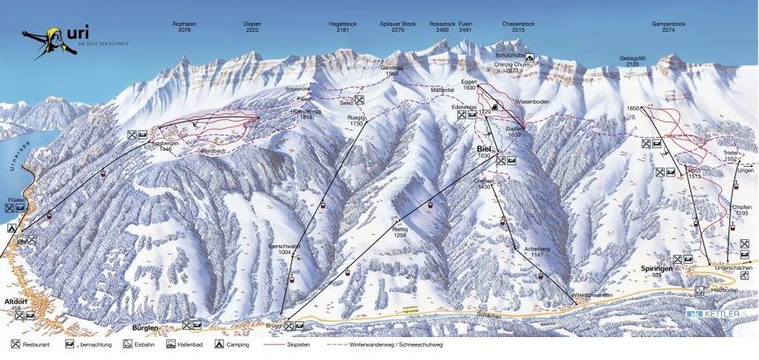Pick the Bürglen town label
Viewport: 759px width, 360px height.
[x=143, y=327]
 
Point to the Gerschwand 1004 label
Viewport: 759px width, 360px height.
[x=283, y=249]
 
